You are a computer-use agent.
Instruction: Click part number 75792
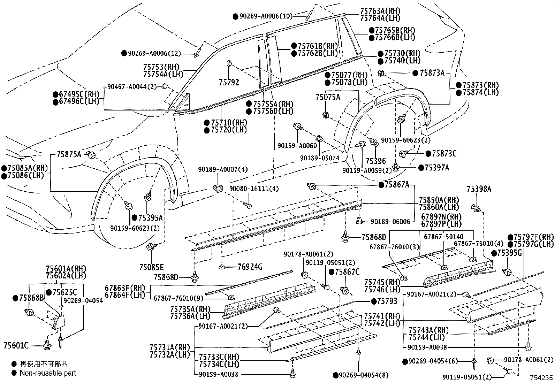tap(229, 83)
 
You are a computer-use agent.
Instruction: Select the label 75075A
tap(328, 97)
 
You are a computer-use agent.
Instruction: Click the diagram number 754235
tap(542, 378)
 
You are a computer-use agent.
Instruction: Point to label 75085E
tap(151, 267)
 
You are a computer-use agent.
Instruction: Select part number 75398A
tap(479, 189)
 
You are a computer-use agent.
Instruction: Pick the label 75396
tap(376, 161)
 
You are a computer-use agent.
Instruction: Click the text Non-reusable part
tap(48, 373)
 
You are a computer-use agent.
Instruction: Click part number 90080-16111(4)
tap(254, 189)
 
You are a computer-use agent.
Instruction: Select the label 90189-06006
tap(390, 222)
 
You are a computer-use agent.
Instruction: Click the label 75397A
tap(437, 168)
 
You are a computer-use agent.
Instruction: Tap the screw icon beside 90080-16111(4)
tap(248, 205)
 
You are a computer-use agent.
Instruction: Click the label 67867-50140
tap(443, 237)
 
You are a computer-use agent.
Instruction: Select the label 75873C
tap(444, 153)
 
